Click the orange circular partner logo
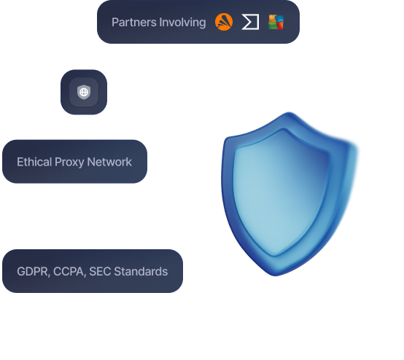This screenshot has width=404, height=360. pyautogui.click(x=224, y=23)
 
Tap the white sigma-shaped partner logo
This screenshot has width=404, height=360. pyautogui.click(x=250, y=23)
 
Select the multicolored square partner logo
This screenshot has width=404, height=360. pyautogui.click(x=276, y=23)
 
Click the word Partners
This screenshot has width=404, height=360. pyautogui.click(x=134, y=23)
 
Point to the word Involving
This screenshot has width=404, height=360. pyautogui.click(x=182, y=23)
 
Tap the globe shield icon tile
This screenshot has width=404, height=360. pyautogui.click(x=83, y=93)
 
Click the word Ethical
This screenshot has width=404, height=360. pyautogui.click(x=34, y=162)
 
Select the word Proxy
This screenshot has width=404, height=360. pyautogui.click(x=71, y=162)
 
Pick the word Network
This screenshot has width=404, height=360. pyautogui.click(x=109, y=162)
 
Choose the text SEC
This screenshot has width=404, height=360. pyautogui.click(x=99, y=272)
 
